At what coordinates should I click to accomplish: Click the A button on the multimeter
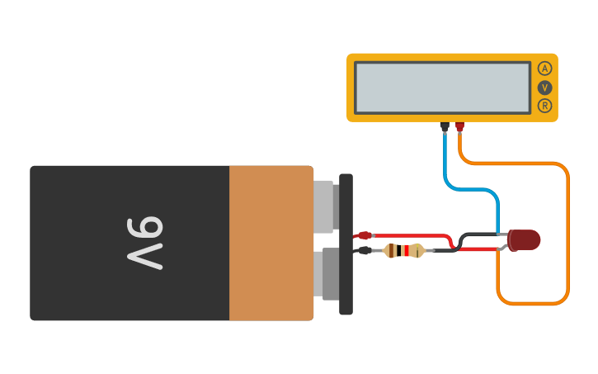tap(544, 69)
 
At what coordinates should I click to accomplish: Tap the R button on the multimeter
tap(544, 106)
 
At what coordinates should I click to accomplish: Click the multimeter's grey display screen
tap(442, 87)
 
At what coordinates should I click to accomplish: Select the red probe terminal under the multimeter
tap(460, 126)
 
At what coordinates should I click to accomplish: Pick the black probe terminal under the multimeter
tap(445, 126)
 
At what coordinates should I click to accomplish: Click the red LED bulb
tap(525, 239)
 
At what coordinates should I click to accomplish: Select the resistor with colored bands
tap(404, 250)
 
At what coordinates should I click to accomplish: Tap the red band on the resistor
tap(407, 250)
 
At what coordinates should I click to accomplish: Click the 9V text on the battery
tap(145, 242)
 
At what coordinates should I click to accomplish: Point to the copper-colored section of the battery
tap(271, 243)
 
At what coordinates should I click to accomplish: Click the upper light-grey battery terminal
tap(325, 205)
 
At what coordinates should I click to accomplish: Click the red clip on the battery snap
tap(364, 236)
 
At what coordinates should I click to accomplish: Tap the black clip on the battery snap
tap(363, 250)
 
